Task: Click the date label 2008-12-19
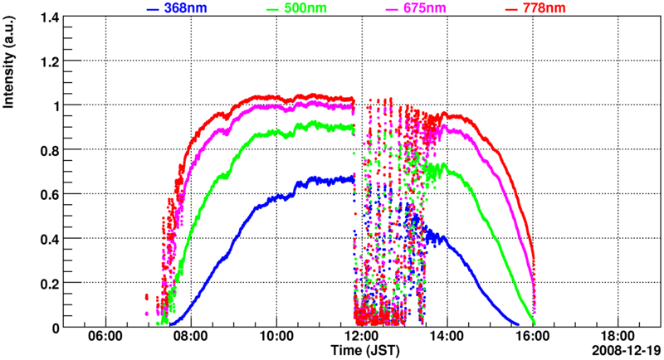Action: [627, 351]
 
